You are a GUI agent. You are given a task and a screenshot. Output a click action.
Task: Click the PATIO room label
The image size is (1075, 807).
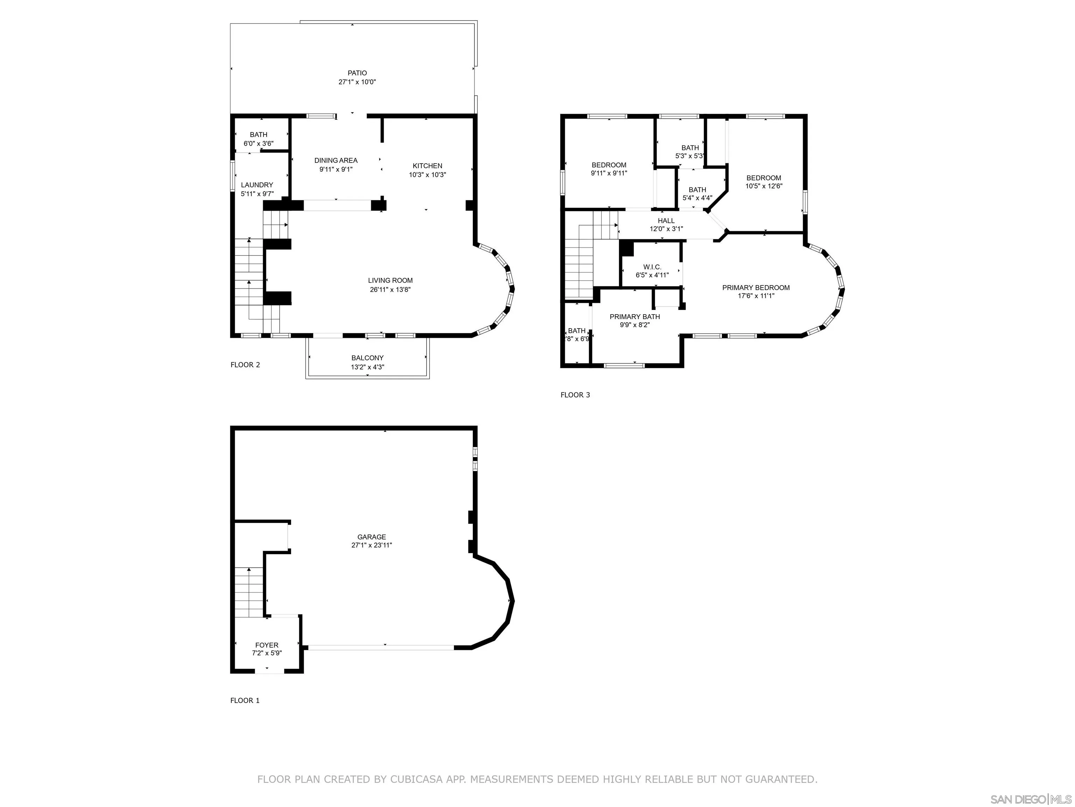(x=357, y=73)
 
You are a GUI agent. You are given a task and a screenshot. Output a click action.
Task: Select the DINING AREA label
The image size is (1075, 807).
(x=336, y=160)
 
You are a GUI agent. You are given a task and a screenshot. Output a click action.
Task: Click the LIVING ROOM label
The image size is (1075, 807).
(x=390, y=281)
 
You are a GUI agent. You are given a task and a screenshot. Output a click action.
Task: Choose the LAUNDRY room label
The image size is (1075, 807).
(x=257, y=185)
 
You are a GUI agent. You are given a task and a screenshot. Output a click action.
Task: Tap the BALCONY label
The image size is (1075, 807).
(x=367, y=358)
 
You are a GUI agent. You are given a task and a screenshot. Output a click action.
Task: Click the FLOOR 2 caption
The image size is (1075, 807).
(x=245, y=365)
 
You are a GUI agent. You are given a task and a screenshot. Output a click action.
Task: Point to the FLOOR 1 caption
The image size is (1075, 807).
(x=245, y=701)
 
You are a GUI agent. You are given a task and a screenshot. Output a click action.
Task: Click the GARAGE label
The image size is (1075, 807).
(x=372, y=537)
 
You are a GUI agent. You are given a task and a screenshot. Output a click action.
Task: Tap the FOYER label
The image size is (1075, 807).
(x=267, y=646)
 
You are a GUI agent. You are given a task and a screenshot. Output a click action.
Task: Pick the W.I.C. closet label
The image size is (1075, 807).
(x=652, y=267)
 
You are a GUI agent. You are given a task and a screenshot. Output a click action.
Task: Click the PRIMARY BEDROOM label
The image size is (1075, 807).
(x=756, y=288)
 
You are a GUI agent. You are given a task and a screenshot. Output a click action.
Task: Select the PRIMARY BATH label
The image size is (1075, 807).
(x=635, y=317)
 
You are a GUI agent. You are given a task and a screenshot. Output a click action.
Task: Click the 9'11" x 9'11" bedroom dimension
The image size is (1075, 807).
(x=609, y=173)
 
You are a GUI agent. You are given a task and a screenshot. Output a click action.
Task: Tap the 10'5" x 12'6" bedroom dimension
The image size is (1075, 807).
(x=764, y=186)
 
